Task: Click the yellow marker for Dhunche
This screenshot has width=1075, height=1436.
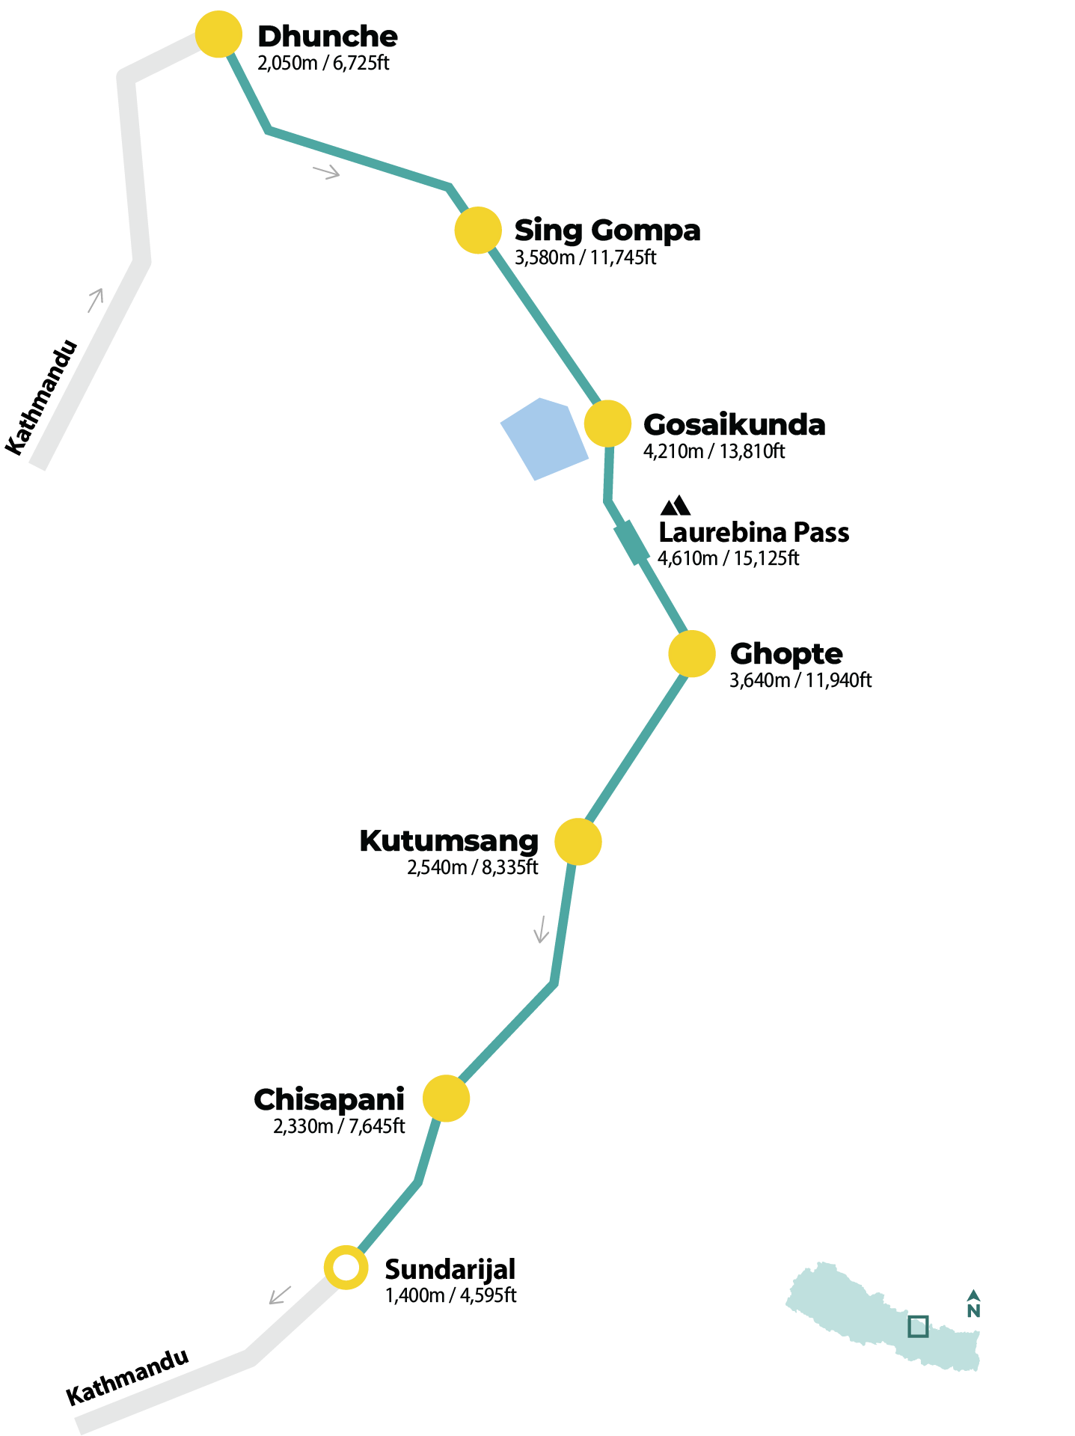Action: coord(218,34)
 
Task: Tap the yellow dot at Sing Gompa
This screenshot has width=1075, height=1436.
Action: coord(478,230)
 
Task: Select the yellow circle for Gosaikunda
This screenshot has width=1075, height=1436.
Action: coord(607,424)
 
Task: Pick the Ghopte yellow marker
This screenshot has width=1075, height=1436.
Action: coord(692,653)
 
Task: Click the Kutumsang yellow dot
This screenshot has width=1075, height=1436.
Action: coord(578,842)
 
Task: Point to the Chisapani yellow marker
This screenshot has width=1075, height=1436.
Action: coord(446,1099)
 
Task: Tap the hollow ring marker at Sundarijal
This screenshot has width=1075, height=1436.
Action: coord(346,1268)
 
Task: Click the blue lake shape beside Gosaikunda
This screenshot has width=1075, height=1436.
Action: coord(545,439)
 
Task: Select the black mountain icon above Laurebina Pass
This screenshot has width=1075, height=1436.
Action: coord(675,506)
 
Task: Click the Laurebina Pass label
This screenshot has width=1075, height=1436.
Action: coord(753,533)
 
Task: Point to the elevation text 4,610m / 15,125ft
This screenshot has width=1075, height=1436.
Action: coord(728,558)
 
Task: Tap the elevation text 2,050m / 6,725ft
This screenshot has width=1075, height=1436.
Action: coord(323,63)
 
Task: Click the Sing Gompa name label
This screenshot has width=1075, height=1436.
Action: coord(607,230)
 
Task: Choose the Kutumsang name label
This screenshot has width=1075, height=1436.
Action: coord(449,841)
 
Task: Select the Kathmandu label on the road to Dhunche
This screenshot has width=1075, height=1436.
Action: coord(42,397)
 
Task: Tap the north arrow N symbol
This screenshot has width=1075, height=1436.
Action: coord(973,1304)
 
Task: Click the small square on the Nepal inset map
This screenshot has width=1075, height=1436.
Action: coord(918,1326)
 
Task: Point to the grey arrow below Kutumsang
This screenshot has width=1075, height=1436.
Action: coord(541,929)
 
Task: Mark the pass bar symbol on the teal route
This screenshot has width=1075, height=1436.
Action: coord(632,543)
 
